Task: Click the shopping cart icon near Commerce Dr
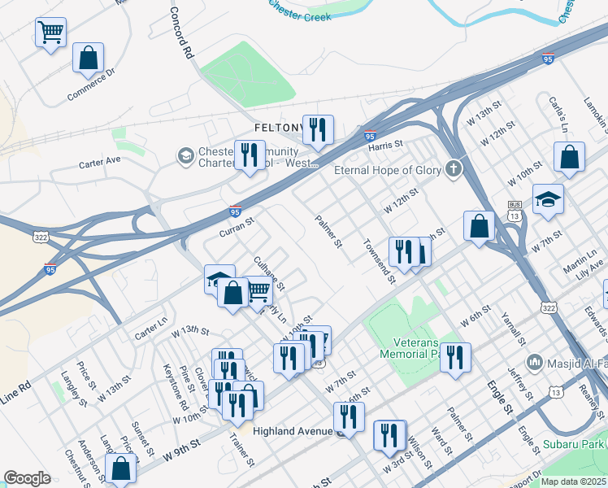(50, 33)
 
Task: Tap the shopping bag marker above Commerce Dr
(89, 59)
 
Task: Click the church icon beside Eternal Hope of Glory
(453, 170)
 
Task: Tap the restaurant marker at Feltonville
(318, 129)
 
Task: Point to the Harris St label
(385, 145)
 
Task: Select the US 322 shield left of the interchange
(40, 236)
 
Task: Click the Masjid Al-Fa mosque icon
(535, 361)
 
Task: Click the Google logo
(27, 478)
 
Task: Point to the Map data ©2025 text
(573, 481)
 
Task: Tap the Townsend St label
(379, 260)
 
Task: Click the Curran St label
(237, 226)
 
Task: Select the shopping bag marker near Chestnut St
(121, 468)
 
